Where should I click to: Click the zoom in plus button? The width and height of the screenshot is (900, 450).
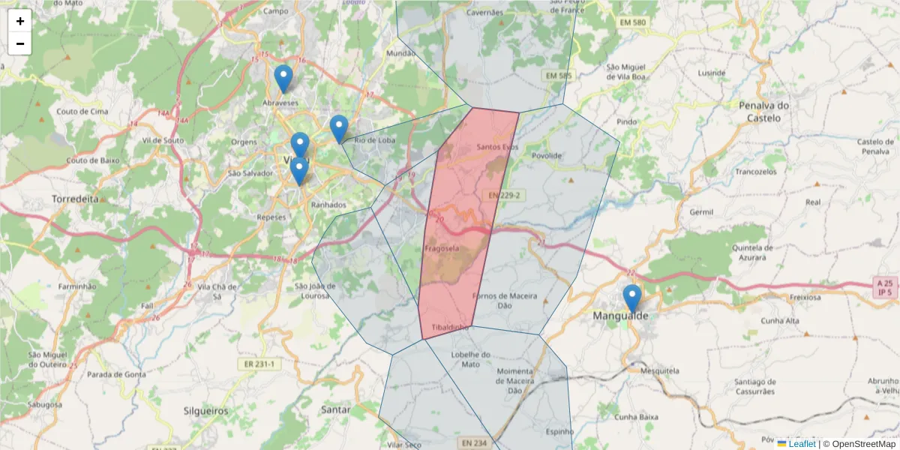pos(20,21)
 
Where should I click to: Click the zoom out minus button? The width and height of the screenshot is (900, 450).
pos(20,43)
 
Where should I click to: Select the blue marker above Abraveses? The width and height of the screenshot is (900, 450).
pos(283,79)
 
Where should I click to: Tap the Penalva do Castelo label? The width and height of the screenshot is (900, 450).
pos(764,112)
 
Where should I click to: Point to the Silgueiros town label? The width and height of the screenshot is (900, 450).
pos(205,411)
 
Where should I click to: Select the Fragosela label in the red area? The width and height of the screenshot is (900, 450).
pos(442,248)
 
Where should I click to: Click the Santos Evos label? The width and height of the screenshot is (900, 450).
pos(497,147)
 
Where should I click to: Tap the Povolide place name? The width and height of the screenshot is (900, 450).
pos(546,155)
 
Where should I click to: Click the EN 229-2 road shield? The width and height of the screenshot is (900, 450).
pos(503,196)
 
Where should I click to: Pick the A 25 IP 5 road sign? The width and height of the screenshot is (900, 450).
pos(885,286)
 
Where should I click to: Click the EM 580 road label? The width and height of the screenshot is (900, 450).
pos(632,23)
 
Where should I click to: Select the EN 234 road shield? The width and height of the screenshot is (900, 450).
pos(475,442)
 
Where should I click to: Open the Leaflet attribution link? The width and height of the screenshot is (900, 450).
pos(801,444)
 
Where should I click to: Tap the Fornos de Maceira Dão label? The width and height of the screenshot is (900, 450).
pos(505,301)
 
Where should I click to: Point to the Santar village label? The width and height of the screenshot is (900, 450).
pos(335,409)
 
